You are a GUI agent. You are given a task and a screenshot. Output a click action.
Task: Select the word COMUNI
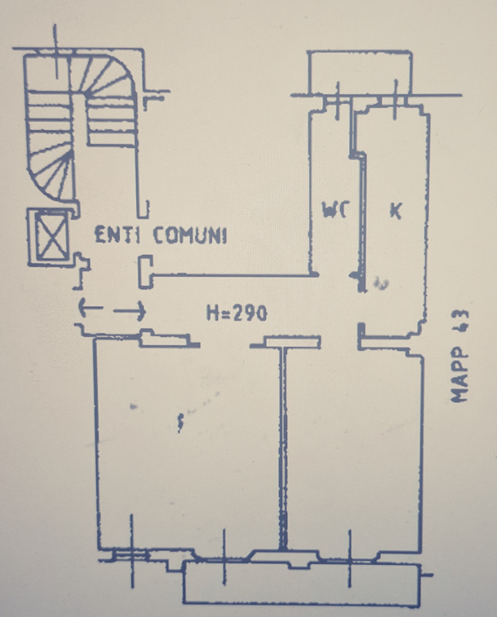[190, 235]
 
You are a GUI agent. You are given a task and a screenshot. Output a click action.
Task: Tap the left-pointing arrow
[90, 308]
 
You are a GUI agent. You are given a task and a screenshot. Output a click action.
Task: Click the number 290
[250, 313]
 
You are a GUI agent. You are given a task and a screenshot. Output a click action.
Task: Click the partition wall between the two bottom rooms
[283, 446]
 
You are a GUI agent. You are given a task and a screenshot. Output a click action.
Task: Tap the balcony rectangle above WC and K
[359, 72]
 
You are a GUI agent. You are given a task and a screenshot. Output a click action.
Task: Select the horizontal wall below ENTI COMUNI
[233, 276]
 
